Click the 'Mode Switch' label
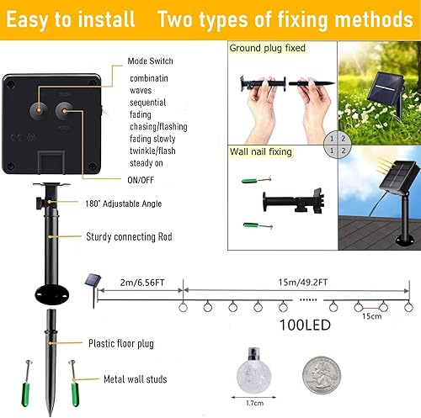point(151,61)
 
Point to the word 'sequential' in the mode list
point(149,102)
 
